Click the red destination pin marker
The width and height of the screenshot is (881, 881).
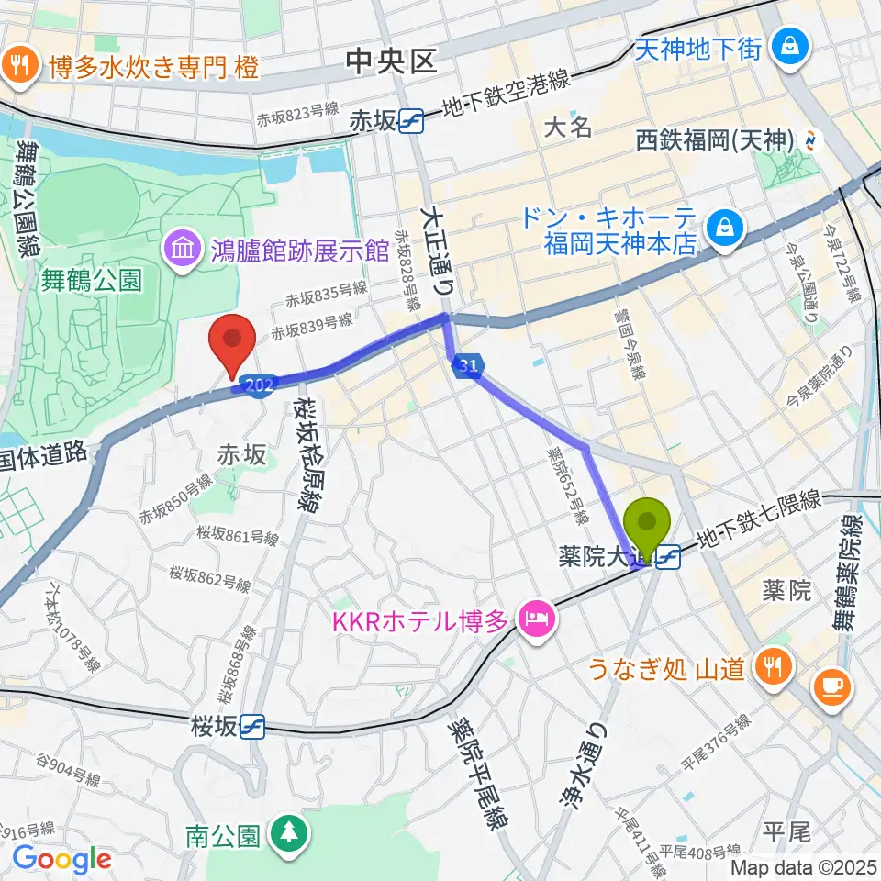233,339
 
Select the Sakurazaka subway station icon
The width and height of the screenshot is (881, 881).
252,728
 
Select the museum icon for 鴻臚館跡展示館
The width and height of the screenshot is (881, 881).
181,248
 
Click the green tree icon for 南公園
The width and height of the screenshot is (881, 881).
289,833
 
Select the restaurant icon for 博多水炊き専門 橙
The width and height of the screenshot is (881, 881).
18,65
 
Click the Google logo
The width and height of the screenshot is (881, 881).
62,860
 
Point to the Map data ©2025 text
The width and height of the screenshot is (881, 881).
803,867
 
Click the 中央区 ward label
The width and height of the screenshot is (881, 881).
390,61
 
